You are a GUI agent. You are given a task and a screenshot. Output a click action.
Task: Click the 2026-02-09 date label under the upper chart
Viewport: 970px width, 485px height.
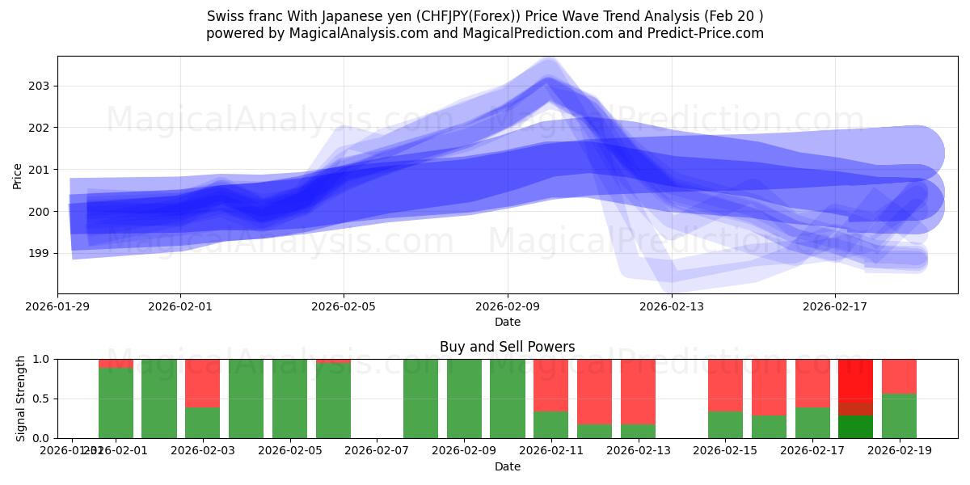click(508, 306)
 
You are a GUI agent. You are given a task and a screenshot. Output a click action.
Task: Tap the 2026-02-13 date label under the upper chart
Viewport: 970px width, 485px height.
click(672, 306)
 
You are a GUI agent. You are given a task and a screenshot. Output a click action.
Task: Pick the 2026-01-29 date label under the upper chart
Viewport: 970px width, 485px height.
click(58, 306)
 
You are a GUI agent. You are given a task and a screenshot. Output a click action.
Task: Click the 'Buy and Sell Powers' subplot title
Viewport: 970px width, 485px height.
click(507, 347)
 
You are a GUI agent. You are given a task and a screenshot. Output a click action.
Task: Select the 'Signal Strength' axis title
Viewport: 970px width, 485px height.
click(20, 399)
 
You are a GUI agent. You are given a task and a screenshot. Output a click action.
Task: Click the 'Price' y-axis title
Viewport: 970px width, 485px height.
click(18, 175)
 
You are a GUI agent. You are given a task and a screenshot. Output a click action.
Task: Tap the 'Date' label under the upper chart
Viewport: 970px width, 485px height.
click(507, 322)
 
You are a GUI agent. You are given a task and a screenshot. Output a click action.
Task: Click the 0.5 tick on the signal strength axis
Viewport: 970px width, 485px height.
click(41, 399)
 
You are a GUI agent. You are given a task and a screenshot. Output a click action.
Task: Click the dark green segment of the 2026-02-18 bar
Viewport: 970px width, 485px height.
click(855, 427)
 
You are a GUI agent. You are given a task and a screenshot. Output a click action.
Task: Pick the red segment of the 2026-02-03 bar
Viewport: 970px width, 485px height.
click(202, 382)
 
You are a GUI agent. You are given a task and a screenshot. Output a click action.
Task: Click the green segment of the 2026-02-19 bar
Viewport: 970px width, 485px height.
click(899, 415)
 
